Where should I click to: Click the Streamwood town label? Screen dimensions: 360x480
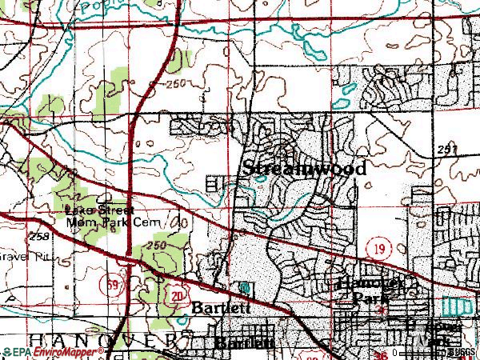click(304, 169)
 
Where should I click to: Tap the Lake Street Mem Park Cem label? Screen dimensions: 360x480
click(115, 216)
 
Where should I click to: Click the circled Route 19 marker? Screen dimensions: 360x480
click(378, 250)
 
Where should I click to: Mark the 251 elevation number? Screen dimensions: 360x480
click(449, 150)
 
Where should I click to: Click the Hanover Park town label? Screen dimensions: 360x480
click(369, 290)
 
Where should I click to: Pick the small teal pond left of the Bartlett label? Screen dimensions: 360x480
click(242, 286)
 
